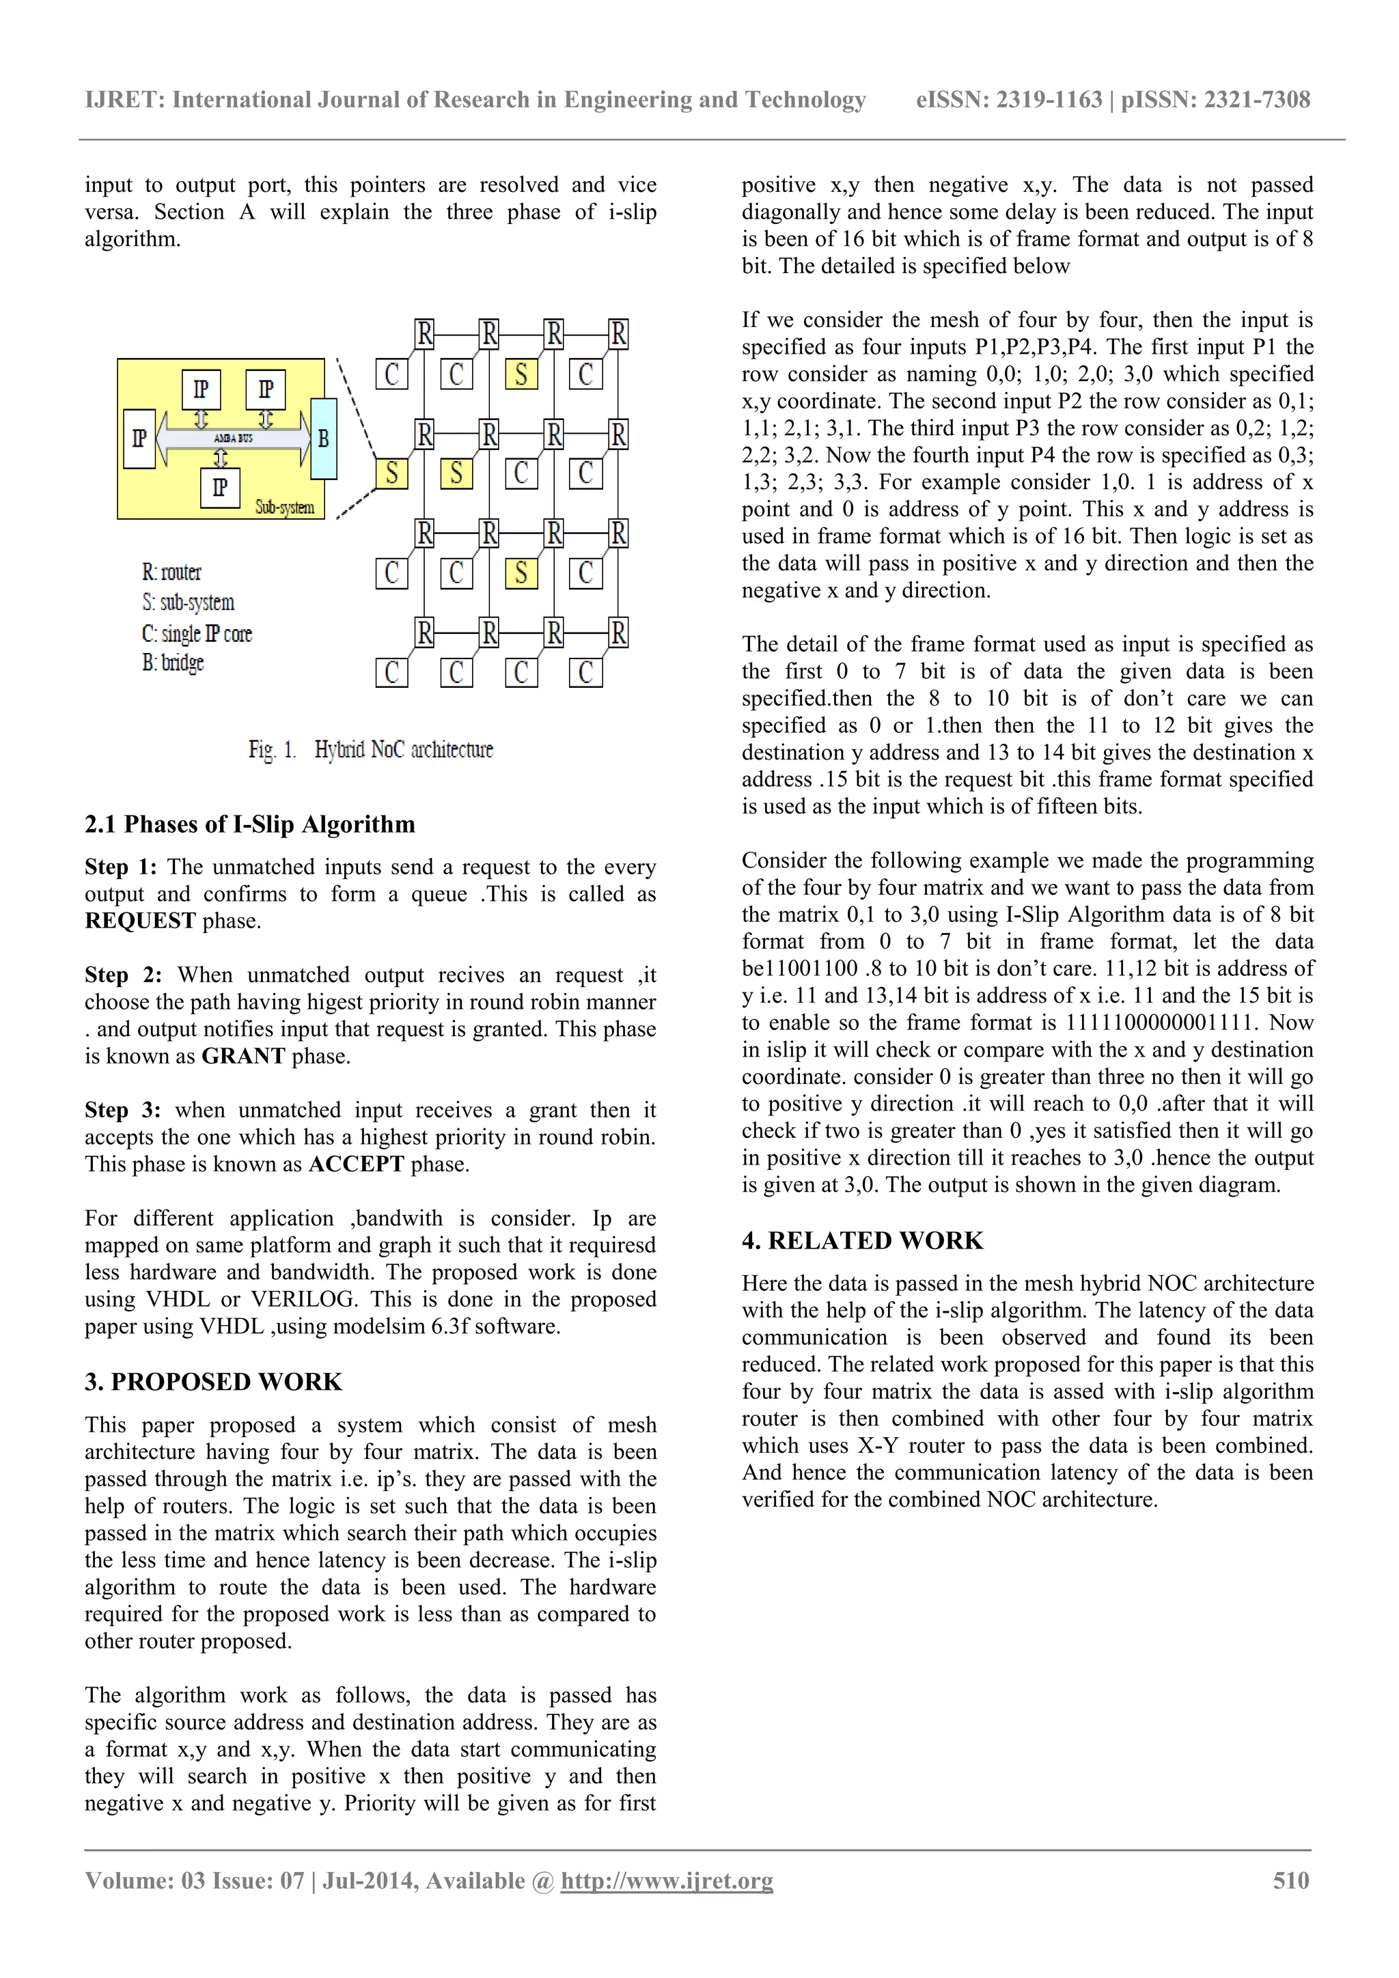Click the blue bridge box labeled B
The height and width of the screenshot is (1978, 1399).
[x=323, y=438]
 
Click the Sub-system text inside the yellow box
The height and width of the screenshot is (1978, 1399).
[x=284, y=507]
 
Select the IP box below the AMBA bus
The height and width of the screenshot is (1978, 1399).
[x=220, y=488]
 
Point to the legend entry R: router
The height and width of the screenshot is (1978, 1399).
[x=171, y=572]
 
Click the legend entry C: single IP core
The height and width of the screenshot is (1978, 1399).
[x=197, y=634]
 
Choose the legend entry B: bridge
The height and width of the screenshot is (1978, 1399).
[x=172, y=663]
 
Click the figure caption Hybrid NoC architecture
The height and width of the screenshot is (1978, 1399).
[x=403, y=749]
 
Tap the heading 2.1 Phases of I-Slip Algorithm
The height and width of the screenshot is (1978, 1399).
[x=250, y=824]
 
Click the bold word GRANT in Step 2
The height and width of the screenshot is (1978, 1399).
[x=243, y=1056]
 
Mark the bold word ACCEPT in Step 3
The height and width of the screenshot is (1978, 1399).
[x=356, y=1165]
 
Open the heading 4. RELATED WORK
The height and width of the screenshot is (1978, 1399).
[x=862, y=1240]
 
